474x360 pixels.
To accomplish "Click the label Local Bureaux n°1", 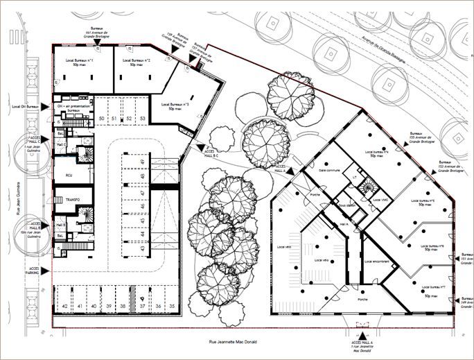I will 80,62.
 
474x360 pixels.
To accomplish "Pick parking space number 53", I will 142,119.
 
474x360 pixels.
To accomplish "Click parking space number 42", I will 64,306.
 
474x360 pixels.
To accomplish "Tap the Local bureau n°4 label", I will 376,153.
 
